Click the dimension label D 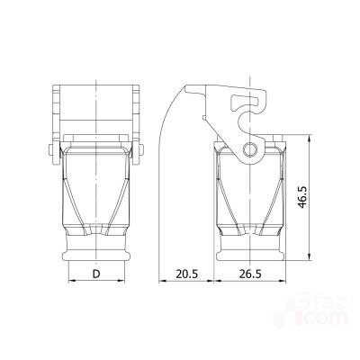coord(96,274)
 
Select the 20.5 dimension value coord(187,274)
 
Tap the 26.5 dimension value coord(250,274)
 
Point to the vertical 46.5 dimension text coord(302,197)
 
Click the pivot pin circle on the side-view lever coord(249,149)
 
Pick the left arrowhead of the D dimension coord(72,281)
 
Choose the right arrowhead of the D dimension coord(121,281)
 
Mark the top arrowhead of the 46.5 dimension coord(310,139)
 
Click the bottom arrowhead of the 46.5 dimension coord(310,257)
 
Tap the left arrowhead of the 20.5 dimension coord(163,281)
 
